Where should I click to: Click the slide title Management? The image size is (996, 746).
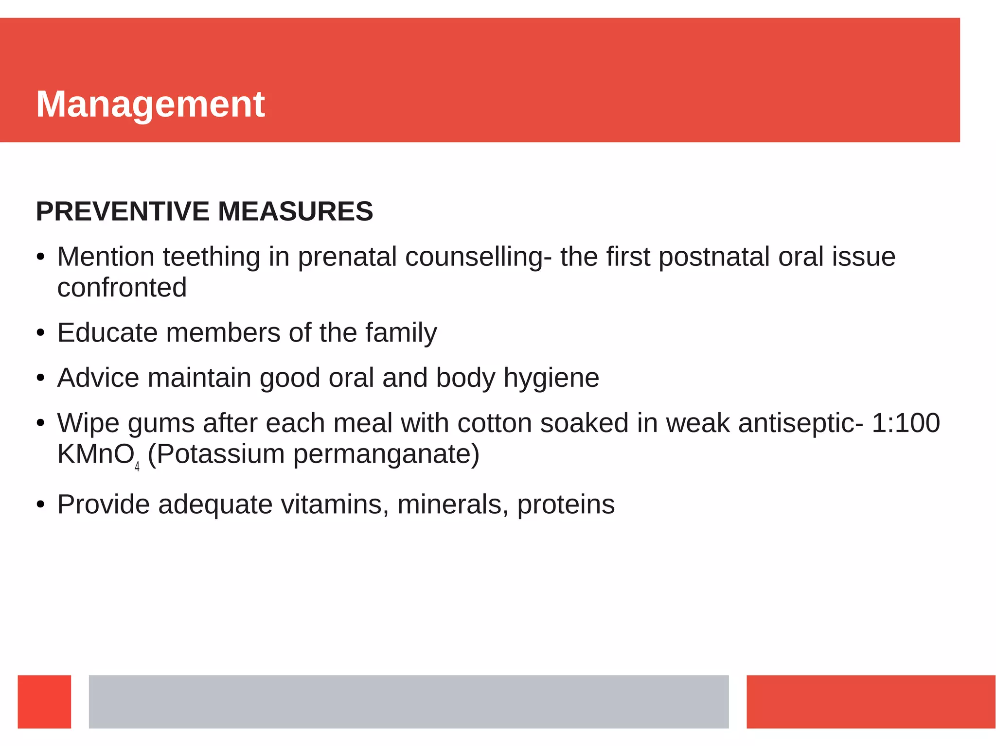coord(150,104)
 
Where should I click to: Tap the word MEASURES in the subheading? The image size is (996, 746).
coord(295,211)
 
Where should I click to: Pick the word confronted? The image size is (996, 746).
coord(122,288)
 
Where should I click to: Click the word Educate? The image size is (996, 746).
coord(107,333)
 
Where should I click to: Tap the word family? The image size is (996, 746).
coord(401,334)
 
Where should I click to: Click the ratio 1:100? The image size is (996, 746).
coord(906,423)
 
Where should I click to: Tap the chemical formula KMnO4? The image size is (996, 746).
coord(98,455)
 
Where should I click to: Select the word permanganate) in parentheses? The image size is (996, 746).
coord(386,455)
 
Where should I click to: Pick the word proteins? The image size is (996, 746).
coord(566,505)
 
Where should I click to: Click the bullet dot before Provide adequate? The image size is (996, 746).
coord(41,505)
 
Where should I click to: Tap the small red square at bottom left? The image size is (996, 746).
coord(44,701)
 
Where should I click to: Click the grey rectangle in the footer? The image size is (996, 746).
coord(409,701)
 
